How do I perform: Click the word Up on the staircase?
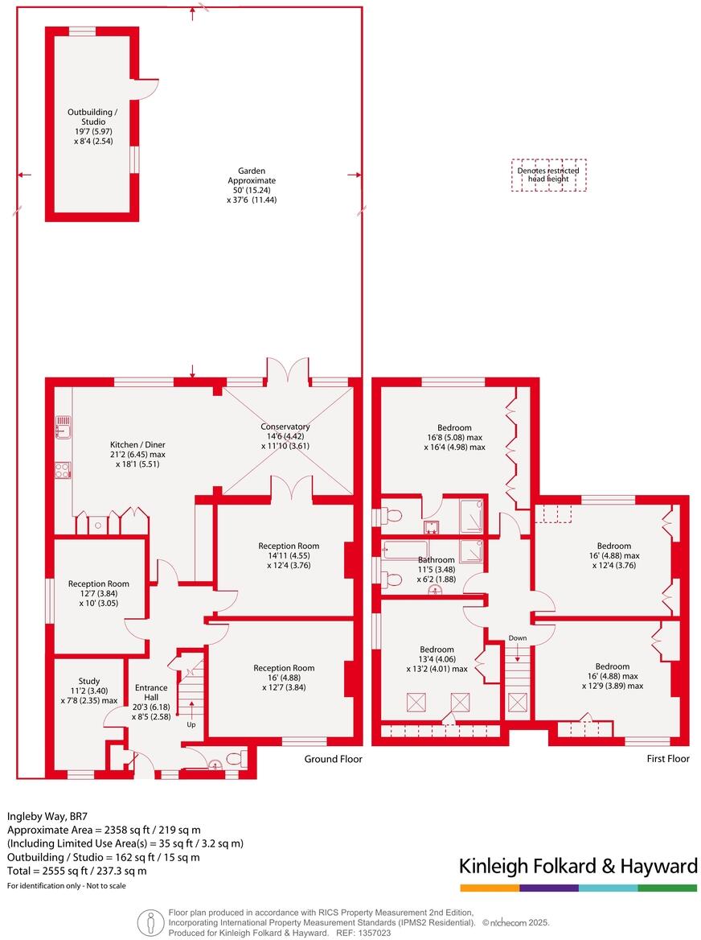[x=191, y=724]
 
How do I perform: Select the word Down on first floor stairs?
[x=517, y=638]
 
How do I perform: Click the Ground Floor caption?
[x=333, y=759]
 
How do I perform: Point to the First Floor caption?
[x=668, y=759]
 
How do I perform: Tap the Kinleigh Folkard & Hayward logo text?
[x=577, y=866]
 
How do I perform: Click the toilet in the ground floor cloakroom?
[x=235, y=759]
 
